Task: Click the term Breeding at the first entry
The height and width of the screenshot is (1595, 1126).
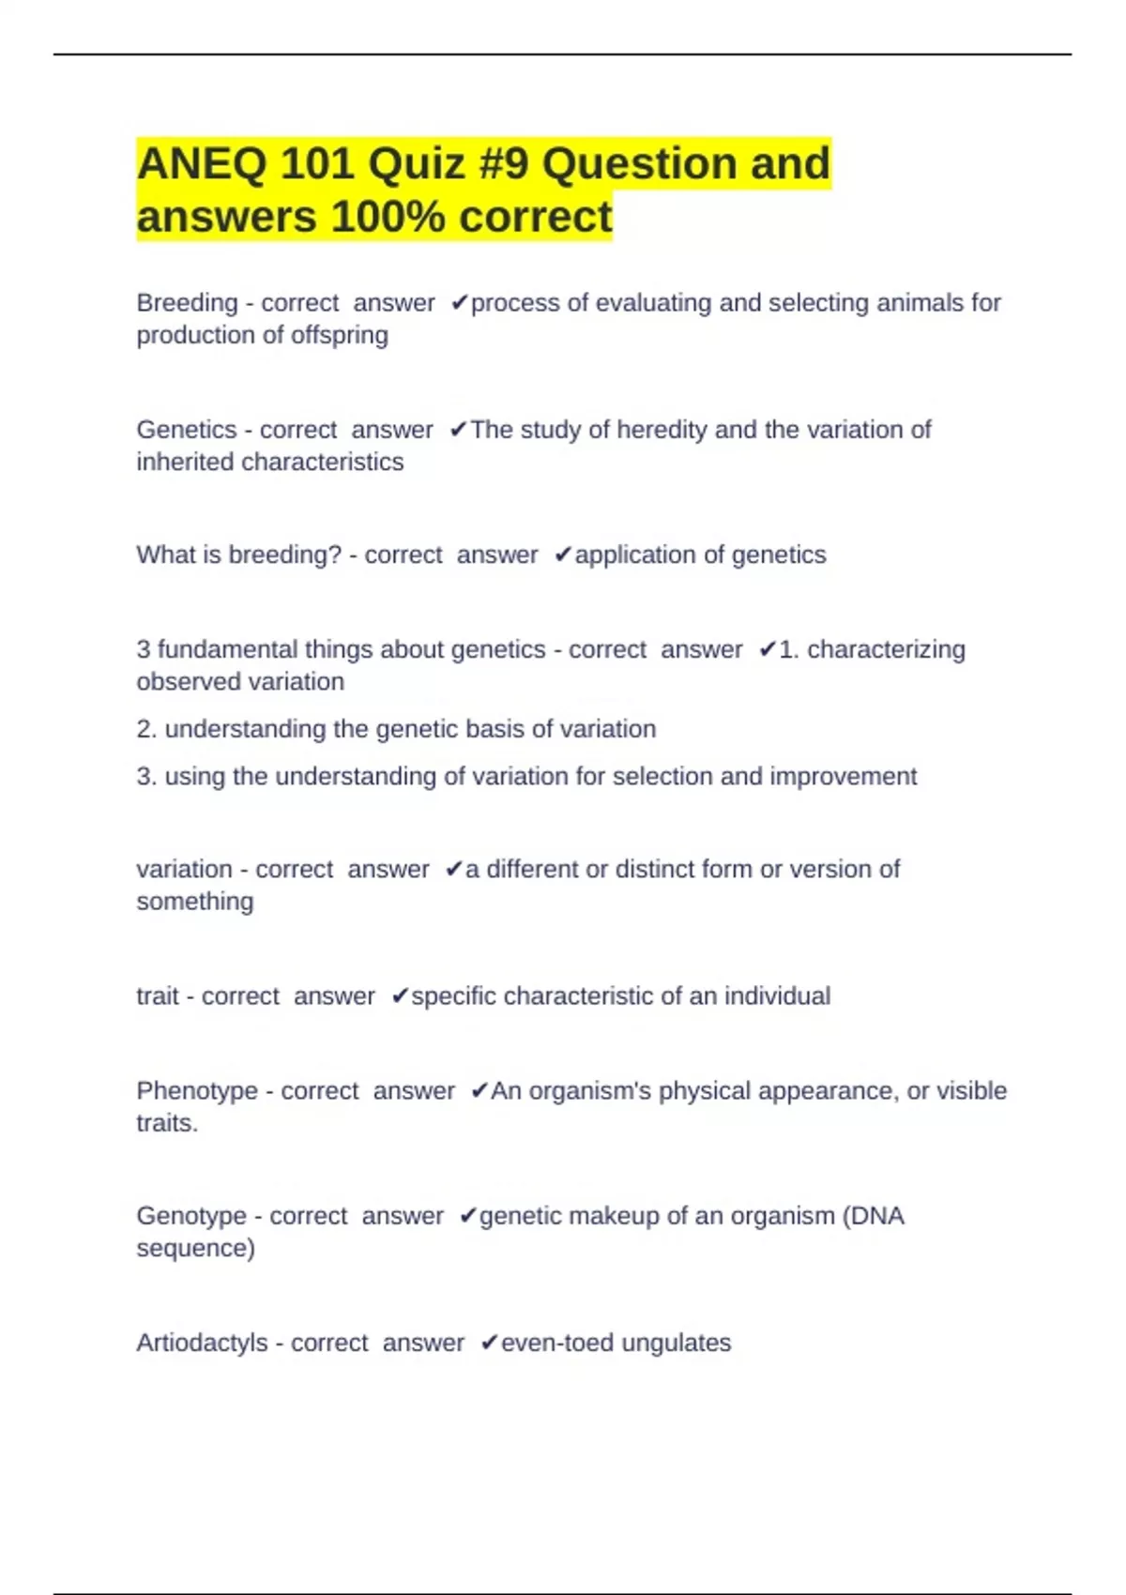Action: click(x=187, y=303)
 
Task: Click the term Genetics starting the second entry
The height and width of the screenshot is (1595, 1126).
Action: click(x=186, y=430)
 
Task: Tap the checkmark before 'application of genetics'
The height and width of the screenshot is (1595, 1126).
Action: click(x=563, y=555)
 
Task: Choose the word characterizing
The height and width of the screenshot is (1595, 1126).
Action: click(x=886, y=649)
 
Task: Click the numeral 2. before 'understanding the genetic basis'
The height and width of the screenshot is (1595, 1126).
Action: click(x=146, y=729)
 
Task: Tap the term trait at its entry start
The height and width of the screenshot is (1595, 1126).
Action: click(x=157, y=995)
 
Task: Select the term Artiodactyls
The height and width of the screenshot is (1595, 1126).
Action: click(x=202, y=1343)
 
